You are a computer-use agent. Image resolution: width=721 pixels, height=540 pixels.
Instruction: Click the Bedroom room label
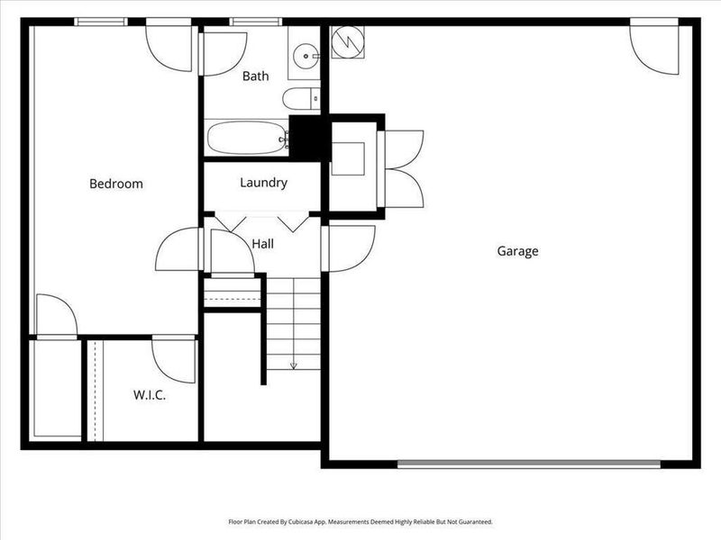tap(115, 184)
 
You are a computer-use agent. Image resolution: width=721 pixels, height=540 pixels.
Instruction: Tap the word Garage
tap(517, 251)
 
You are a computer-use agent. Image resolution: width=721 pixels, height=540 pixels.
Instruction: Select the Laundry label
tap(263, 183)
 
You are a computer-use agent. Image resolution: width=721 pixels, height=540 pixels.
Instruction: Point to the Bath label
tap(255, 76)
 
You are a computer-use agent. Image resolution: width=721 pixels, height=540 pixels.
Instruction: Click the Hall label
tap(263, 243)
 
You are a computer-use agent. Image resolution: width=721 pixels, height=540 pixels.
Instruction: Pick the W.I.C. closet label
tap(149, 395)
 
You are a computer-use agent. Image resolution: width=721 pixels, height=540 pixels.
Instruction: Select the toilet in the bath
tap(297, 98)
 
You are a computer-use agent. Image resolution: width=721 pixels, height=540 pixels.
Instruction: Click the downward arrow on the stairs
tap(293, 364)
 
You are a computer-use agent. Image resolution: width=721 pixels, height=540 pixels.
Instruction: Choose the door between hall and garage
tap(348, 246)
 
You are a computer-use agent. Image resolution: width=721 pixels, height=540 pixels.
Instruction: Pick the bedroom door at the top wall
tap(170, 47)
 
